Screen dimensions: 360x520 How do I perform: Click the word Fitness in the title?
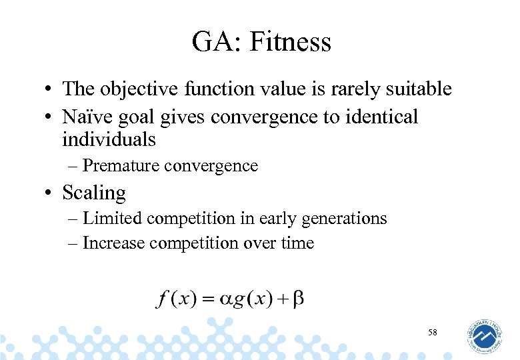pyautogui.click(x=291, y=42)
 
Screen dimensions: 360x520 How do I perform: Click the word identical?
pyautogui.click(x=381, y=117)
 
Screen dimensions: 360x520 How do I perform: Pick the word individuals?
pyautogui.click(x=109, y=139)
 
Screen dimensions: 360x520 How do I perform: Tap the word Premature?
pyautogui.click(x=119, y=165)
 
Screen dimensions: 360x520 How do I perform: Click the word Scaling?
pyautogui.click(x=94, y=193)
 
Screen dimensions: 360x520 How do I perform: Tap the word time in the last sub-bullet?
pyautogui.click(x=297, y=243)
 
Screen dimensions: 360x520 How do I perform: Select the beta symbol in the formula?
pyautogui.click(x=298, y=298)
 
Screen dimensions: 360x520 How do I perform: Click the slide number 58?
pyautogui.click(x=433, y=332)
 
